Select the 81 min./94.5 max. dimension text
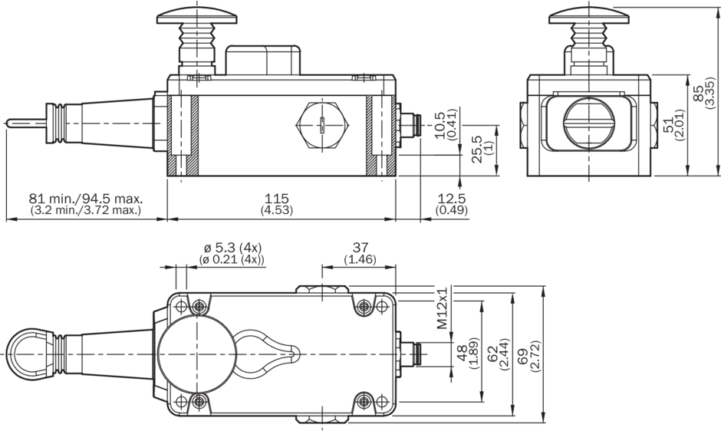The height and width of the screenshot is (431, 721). (86, 199)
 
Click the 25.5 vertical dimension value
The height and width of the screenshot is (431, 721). (477, 150)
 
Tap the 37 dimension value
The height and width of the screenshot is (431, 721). (358, 248)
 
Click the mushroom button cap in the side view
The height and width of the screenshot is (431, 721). (189, 15)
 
